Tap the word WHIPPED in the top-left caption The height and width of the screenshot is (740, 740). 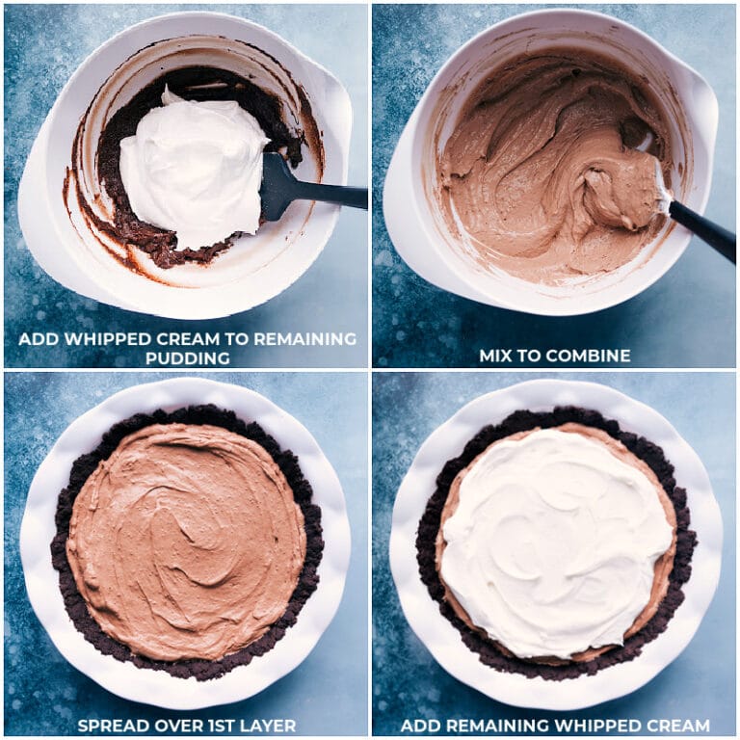(102, 339)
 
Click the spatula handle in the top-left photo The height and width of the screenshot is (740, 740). (332, 196)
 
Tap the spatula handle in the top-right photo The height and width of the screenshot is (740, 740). (703, 231)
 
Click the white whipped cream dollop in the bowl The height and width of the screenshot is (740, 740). (193, 169)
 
